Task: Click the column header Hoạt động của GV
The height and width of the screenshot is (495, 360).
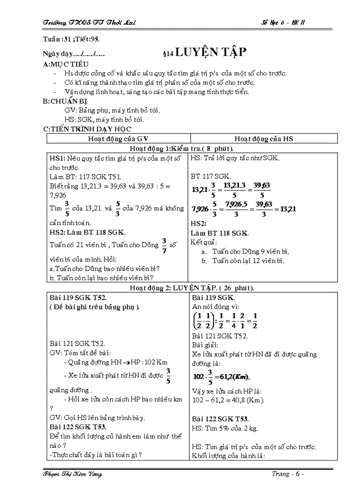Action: (x=118, y=139)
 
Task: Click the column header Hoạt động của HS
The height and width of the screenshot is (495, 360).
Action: (x=263, y=139)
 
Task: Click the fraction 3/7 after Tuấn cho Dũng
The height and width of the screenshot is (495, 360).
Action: (x=164, y=245)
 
